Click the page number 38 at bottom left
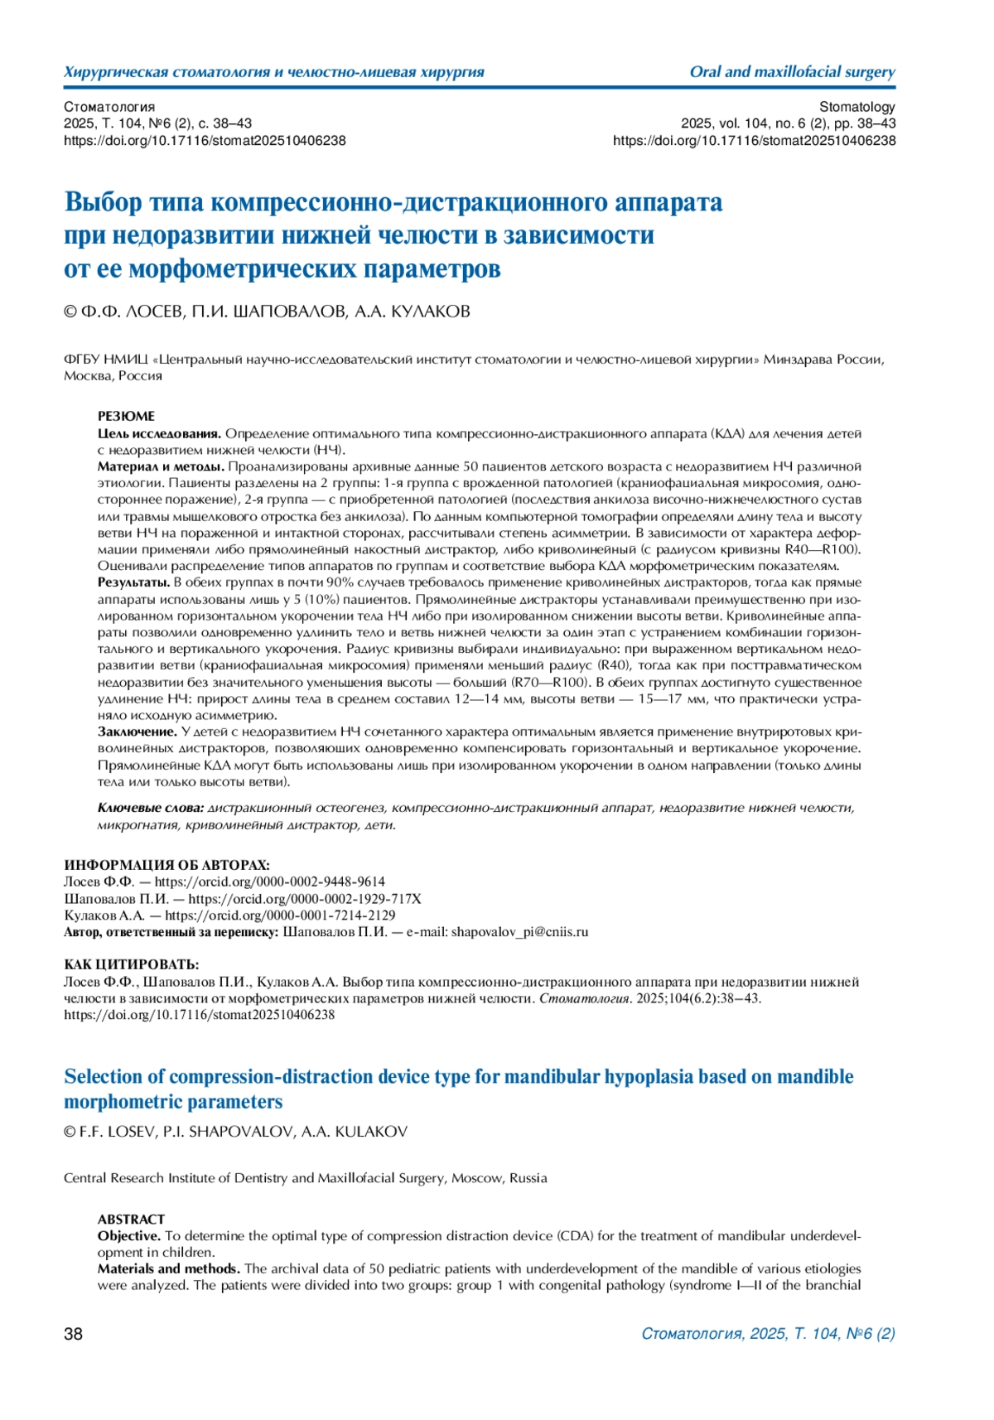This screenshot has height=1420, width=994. [x=74, y=1333]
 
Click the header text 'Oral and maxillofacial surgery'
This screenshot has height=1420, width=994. [x=792, y=72]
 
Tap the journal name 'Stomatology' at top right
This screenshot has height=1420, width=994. [x=856, y=107]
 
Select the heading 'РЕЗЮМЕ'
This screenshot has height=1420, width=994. [x=126, y=416]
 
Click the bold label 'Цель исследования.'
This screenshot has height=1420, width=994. [x=160, y=433]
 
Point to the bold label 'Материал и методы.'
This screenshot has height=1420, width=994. [x=161, y=466]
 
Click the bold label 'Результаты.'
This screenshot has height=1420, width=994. [x=134, y=582]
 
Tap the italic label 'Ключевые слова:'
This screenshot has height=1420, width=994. [x=151, y=808]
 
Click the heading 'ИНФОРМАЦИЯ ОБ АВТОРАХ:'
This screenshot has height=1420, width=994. [x=166, y=865]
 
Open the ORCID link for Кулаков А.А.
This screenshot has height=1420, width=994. [x=280, y=915]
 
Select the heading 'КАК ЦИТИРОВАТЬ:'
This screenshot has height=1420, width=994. [x=132, y=964]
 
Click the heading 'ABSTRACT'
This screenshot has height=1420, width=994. [x=131, y=1219]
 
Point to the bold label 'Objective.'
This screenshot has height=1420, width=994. [x=129, y=1235]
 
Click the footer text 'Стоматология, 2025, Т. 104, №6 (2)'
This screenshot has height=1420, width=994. [x=768, y=1333]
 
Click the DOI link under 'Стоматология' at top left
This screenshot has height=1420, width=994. [x=205, y=141]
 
